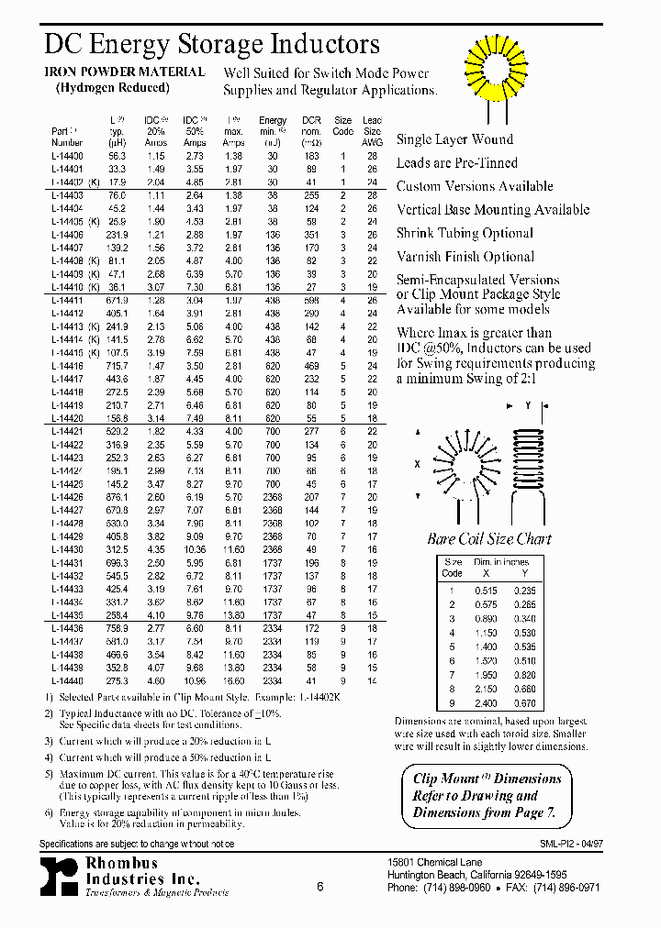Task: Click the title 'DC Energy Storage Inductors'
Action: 212,44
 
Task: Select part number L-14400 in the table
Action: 67,157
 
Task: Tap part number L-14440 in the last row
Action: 67,682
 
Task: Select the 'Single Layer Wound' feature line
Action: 454,139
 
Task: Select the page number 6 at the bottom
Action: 319,887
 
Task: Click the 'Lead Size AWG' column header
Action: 372,131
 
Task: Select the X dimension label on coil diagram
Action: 417,464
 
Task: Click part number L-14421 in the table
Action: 67,431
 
